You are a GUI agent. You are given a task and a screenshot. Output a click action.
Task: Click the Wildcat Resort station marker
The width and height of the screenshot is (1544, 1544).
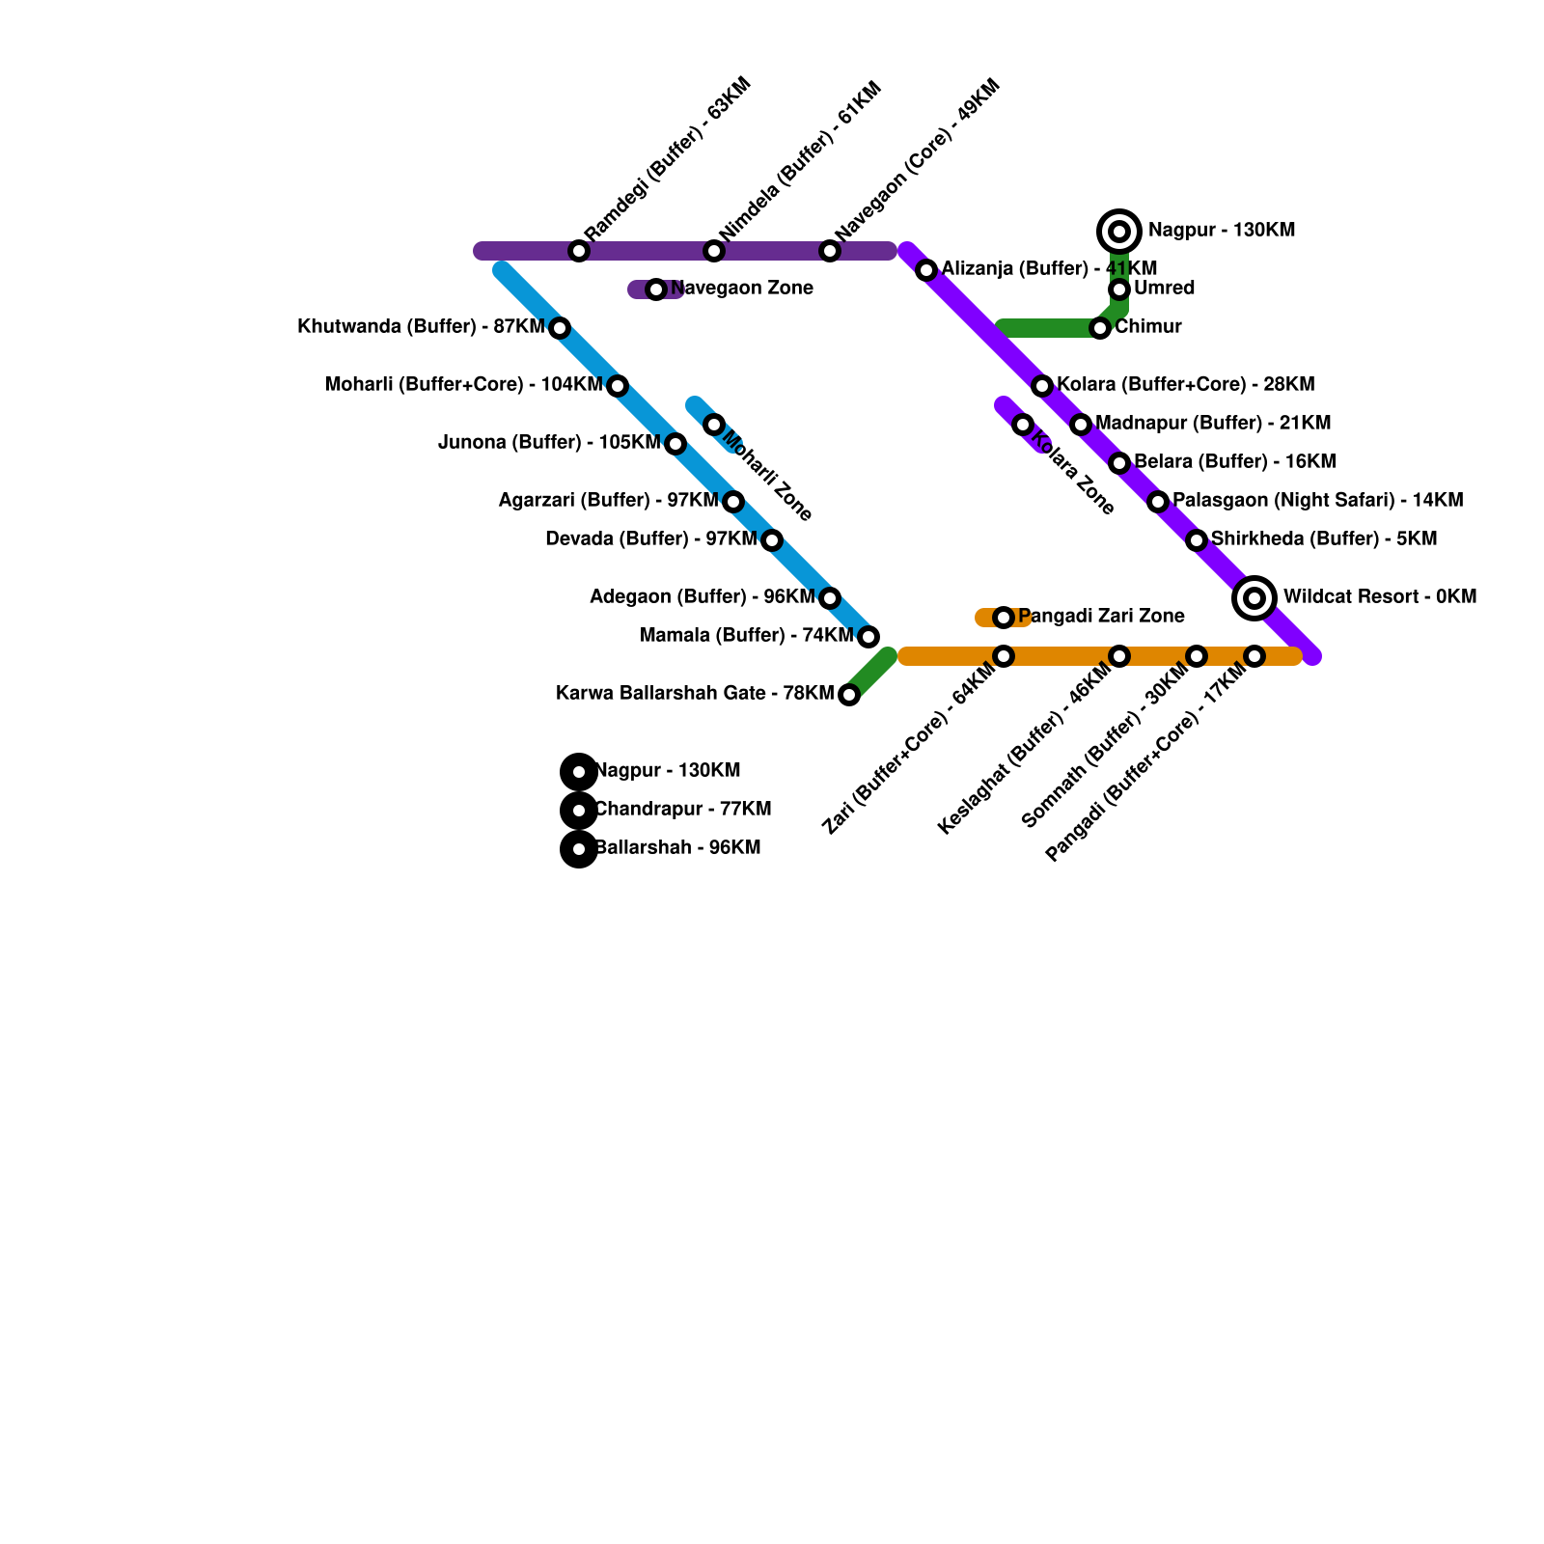pos(1254,598)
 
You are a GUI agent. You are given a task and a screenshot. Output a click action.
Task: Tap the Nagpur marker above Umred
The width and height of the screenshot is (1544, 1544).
pos(1119,232)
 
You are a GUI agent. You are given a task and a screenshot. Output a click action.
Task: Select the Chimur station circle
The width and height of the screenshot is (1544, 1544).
pos(1100,328)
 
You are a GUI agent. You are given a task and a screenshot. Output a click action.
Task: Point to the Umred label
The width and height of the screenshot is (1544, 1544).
pos(1164,289)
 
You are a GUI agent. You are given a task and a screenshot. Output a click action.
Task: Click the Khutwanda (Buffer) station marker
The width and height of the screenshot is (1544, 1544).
pos(560,328)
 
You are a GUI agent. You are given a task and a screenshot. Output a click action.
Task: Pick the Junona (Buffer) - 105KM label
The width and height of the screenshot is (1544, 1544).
pos(548,443)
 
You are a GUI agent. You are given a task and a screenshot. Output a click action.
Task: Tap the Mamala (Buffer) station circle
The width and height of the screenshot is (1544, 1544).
pos(868,637)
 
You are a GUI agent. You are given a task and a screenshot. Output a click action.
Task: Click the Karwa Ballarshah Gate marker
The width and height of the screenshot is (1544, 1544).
pos(849,695)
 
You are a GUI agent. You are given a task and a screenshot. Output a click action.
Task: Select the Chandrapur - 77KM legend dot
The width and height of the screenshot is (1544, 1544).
pos(579,811)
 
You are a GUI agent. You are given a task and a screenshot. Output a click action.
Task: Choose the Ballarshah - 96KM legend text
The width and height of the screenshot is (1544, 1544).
pos(677,848)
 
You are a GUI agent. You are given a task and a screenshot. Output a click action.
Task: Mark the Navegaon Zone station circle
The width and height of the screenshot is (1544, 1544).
pos(656,289)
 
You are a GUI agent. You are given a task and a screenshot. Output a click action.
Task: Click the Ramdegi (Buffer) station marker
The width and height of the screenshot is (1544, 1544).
pos(579,251)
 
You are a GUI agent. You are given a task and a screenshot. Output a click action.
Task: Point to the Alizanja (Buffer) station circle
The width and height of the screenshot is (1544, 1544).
pos(926,270)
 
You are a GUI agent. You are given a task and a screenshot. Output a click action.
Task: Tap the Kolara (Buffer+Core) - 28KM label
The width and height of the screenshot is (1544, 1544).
pos(1185,385)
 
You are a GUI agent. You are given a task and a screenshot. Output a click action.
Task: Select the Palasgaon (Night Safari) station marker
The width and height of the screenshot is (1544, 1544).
pos(1158,502)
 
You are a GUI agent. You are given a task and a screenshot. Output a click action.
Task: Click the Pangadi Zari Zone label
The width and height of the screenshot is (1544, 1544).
pos(1101,617)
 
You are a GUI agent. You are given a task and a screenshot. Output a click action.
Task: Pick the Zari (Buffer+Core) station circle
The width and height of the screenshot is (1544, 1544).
pos(1004,656)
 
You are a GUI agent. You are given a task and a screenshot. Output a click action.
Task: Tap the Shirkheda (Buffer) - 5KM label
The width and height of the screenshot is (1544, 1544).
pos(1324,539)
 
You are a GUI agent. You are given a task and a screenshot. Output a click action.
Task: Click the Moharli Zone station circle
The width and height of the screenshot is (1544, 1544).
pos(714,425)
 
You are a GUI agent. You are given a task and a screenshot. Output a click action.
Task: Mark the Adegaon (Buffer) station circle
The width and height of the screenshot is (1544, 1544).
pos(830,598)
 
